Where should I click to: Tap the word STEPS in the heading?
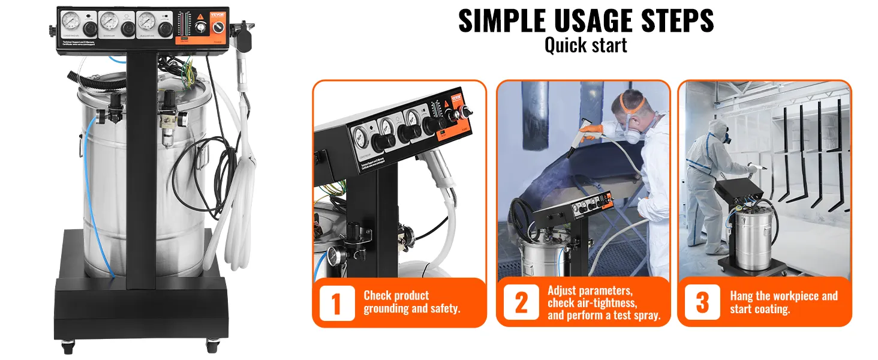click(x=672, y=21)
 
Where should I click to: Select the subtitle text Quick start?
click(x=585, y=45)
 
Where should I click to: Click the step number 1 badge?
click(x=336, y=304)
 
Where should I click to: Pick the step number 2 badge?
click(x=521, y=304)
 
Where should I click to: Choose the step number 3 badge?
click(x=702, y=303)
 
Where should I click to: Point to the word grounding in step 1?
click(x=389, y=309)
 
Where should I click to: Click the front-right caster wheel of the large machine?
click(x=211, y=346)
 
